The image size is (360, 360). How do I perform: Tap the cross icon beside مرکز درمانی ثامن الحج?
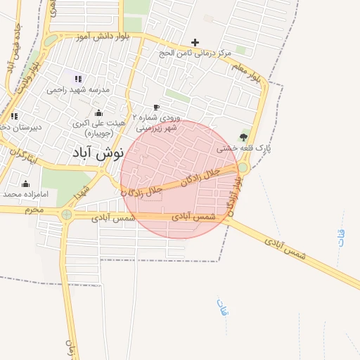[195, 42]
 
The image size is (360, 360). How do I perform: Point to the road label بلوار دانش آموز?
[104, 36]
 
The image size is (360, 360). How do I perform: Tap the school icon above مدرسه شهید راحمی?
[77, 79]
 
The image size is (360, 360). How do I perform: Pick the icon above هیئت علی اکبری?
[98, 112]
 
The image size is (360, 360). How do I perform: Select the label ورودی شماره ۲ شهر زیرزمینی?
[157, 124]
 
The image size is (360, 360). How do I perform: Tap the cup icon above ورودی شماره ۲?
[156, 107]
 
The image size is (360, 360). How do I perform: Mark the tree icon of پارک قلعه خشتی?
[243, 136]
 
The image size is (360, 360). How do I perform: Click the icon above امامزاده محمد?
[25, 184]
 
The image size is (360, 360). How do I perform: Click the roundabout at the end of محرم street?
[67, 214]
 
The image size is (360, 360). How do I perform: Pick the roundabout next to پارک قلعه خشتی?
[243, 167]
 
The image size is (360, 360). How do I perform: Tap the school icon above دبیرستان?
[14, 116]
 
